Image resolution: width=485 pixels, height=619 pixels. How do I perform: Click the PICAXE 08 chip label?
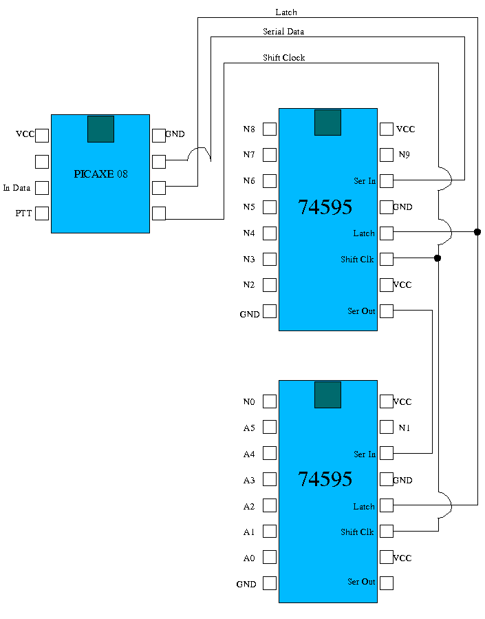tap(100, 174)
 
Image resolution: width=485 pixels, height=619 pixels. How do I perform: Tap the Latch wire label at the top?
tap(286, 12)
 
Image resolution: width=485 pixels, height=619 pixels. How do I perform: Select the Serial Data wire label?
tap(283, 32)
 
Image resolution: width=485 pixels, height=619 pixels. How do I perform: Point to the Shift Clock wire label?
tap(283, 58)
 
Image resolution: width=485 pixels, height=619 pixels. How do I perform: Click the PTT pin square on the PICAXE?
tap(42, 213)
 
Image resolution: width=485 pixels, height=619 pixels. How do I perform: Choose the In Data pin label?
tap(17, 187)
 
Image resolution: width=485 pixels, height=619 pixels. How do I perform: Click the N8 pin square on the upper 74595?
tap(270, 129)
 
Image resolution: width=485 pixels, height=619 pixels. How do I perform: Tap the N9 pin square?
tap(387, 155)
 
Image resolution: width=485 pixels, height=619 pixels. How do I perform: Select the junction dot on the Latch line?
tap(477, 232)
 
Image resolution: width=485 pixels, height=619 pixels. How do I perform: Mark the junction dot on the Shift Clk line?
tap(438, 258)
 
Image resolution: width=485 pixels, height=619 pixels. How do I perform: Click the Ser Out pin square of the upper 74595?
tap(387, 311)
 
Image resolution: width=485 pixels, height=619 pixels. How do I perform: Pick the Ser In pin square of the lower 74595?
tap(387, 453)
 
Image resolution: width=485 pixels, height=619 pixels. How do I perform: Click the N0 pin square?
tap(270, 401)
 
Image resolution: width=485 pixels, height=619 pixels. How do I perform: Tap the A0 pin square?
tap(270, 557)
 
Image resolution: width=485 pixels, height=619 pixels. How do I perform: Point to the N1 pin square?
tap(387, 428)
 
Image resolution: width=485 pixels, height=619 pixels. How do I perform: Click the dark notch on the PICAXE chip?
tap(100, 129)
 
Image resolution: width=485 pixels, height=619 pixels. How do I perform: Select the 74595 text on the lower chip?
tap(325, 479)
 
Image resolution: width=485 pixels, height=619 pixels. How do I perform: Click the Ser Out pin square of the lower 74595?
tap(387, 583)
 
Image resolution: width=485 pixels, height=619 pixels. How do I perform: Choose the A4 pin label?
tap(249, 454)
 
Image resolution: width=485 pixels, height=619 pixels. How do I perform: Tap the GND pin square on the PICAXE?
tap(159, 135)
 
